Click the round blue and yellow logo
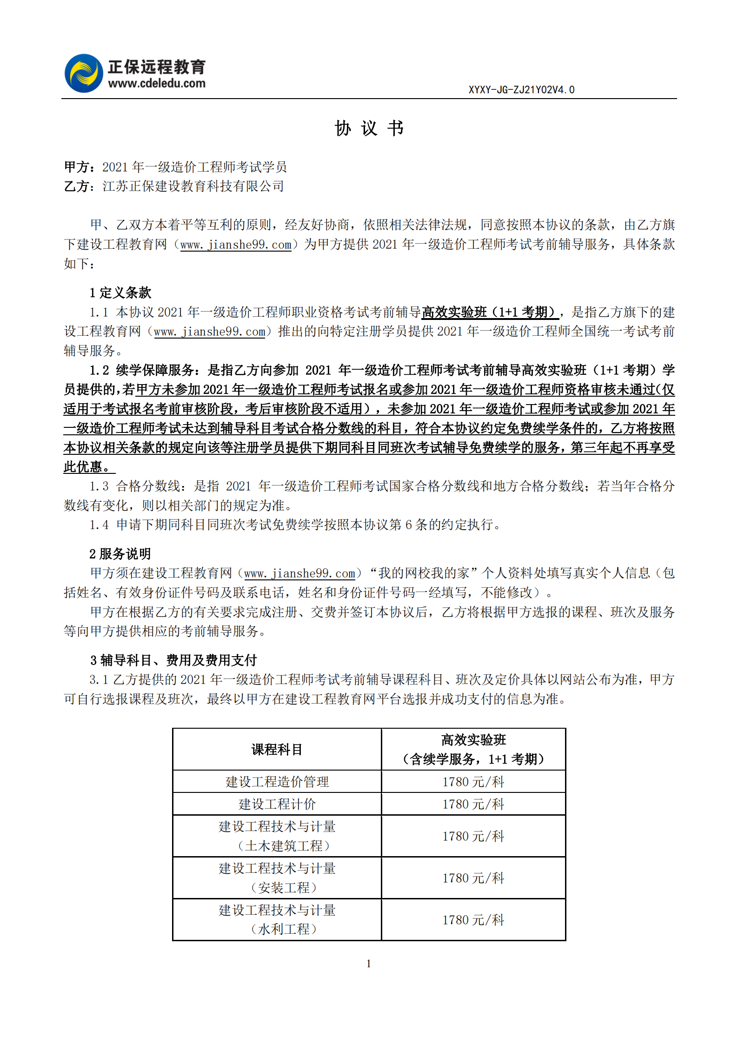[84, 73]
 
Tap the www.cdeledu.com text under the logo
[157, 84]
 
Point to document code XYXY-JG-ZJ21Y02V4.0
[521, 90]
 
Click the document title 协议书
[369, 128]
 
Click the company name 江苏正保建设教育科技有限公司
[193, 186]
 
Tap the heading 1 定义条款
[120, 293]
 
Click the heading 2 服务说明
[120, 554]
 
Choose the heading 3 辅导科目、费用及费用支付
[173, 660]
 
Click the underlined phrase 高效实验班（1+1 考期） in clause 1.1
[490, 312]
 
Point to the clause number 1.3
[99, 486]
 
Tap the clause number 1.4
[99, 525]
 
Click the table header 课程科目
[277, 750]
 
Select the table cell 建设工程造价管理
[277, 782]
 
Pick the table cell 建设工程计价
[277, 804]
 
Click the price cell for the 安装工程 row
[473, 878]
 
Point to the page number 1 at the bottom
[369, 964]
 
